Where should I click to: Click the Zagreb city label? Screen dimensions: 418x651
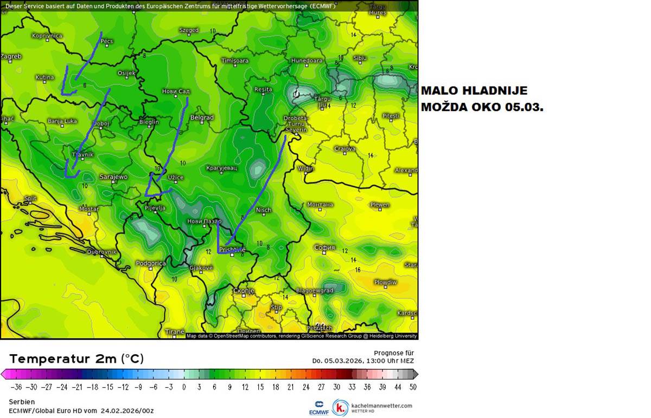(x=11, y=56)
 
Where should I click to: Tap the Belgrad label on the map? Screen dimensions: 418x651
(x=202, y=117)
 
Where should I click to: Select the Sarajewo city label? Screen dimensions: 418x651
(x=113, y=177)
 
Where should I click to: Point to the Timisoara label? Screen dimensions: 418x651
(x=235, y=61)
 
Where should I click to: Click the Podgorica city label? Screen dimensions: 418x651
(x=150, y=264)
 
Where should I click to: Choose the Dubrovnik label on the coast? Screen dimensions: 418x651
(x=102, y=252)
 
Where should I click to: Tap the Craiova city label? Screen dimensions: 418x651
(x=344, y=148)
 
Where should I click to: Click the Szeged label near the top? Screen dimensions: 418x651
(x=189, y=30)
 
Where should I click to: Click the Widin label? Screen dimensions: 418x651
(x=306, y=168)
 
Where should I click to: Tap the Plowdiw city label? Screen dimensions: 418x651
(x=385, y=282)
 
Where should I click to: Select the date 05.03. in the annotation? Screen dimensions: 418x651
(x=524, y=107)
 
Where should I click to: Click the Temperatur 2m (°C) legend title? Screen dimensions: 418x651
(x=76, y=358)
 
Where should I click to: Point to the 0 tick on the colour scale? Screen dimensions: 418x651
(x=184, y=387)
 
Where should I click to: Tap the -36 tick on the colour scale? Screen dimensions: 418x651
(x=16, y=387)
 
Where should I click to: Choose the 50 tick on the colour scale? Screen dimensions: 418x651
(x=413, y=387)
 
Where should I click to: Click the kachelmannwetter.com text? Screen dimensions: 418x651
(x=382, y=405)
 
